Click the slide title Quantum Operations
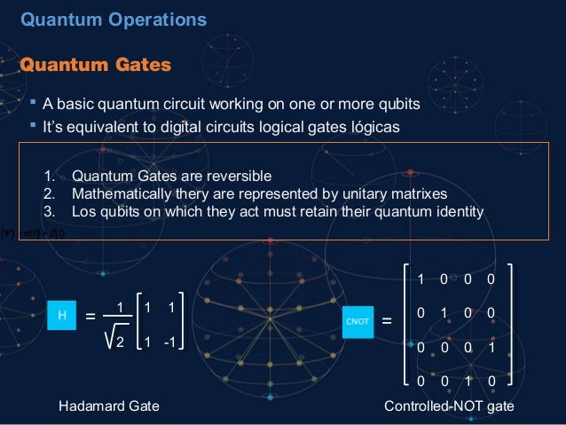coord(113,19)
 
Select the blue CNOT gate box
coord(357,320)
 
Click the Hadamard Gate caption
coord(108,406)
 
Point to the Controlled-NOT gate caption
coord(448,406)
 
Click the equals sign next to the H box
coord(90,316)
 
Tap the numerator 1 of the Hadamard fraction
coord(118,307)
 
